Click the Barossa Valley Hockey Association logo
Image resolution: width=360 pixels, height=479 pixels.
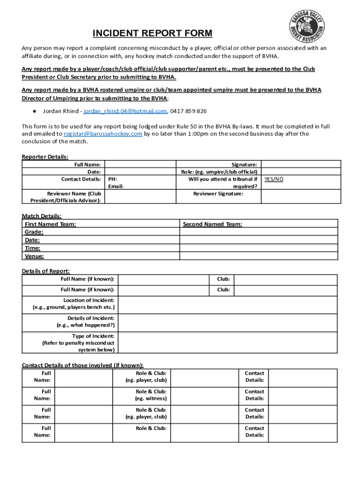point(306,27)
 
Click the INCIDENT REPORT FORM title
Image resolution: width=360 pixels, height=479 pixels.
point(152,34)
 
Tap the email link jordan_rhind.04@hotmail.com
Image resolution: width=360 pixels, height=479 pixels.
point(125,111)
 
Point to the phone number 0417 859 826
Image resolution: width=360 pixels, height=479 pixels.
point(188,111)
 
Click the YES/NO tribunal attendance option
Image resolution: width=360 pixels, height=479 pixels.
point(274,179)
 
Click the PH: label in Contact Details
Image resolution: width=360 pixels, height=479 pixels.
point(113,179)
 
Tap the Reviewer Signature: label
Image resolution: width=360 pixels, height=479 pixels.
point(218,194)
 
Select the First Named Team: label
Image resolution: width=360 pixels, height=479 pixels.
point(50,225)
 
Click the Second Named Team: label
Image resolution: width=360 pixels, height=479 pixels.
point(212,225)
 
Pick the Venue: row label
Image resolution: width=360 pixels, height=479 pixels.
point(34,256)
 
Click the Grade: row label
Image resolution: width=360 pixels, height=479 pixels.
point(34,232)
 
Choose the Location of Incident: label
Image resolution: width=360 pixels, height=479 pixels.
point(89,300)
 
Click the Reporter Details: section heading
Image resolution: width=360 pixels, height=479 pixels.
point(45,157)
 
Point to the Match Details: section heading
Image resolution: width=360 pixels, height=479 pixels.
point(42,216)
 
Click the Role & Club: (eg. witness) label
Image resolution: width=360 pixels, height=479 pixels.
point(151,395)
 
